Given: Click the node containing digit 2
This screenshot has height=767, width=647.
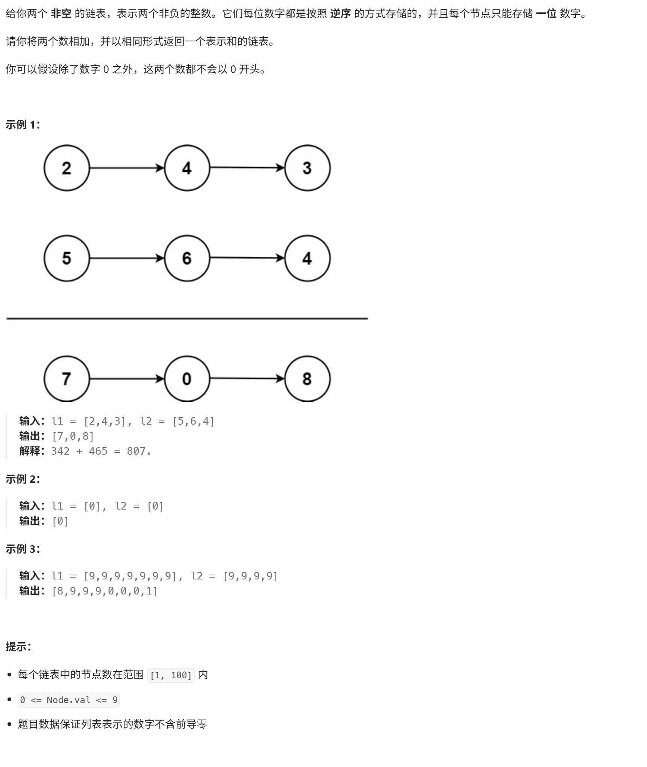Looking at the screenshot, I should point(67,168).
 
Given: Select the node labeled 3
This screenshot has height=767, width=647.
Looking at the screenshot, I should point(307,168).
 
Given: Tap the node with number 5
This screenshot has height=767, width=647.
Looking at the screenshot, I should point(67,258).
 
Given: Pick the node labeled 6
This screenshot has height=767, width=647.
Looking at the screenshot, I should point(187,258).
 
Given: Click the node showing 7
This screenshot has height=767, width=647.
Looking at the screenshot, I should point(67,378).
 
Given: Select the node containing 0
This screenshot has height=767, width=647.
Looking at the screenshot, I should point(187,378).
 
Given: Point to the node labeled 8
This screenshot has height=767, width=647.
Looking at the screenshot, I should point(307,378).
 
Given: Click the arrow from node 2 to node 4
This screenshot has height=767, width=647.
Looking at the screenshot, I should point(127,168).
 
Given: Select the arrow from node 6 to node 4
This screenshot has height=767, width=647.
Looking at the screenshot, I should point(247,258).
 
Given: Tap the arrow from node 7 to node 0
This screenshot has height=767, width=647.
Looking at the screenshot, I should point(127,378).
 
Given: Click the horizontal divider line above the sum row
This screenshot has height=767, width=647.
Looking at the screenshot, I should point(187,318).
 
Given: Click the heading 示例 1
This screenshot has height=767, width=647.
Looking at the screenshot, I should point(23,125).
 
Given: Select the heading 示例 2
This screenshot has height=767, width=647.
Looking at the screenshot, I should point(23,479).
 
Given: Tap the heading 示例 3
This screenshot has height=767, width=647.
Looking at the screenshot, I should point(23,549).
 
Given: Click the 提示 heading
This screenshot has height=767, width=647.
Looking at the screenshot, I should point(18,646).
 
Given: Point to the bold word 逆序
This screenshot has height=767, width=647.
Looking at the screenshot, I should point(340,14).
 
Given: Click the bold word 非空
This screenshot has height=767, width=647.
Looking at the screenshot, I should point(61,14).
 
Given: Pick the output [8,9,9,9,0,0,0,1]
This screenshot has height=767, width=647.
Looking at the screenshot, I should point(105,591).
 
